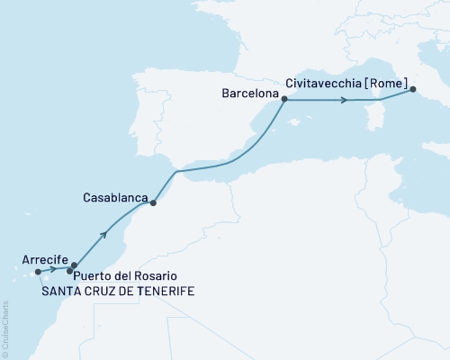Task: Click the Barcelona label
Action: (246, 92)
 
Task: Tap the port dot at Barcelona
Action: (284, 100)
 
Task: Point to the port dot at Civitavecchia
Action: (412, 89)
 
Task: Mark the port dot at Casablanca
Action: (153, 203)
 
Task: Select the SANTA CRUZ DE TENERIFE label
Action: (117, 292)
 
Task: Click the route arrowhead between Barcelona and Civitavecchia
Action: (344, 101)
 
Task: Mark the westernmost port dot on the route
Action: (37, 271)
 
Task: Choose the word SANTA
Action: (58, 292)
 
